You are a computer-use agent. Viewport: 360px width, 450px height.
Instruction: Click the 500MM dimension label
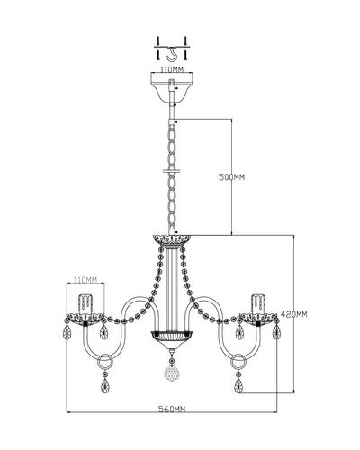pyautogui.click(x=231, y=177)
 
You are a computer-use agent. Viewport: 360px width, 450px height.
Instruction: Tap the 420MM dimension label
pyautogui.click(x=294, y=314)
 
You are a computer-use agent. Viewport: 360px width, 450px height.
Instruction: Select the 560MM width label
pyautogui.click(x=172, y=409)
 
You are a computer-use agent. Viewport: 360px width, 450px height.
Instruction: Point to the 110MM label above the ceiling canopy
pyautogui.click(x=172, y=69)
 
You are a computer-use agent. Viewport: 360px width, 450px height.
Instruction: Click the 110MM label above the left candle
pyautogui.click(x=85, y=280)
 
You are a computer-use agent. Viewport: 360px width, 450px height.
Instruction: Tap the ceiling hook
pyautogui.click(x=172, y=55)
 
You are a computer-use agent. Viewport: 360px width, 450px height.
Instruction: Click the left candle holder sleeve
pyautogui.click(x=85, y=303)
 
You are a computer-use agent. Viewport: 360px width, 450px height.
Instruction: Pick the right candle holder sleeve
pyautogui.click(x=258, y=303)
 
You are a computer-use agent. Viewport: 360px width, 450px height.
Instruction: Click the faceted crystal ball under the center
pyautogui.click(x=172, y=373)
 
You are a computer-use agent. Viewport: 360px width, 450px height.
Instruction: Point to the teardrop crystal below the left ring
pyautogui.click(x=105, y=386)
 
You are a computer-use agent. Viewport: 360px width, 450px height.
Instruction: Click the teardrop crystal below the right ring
pyautogui.click(x=238, y=386)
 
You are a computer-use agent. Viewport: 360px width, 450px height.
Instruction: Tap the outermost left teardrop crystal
pyautogui.click(x=67, y=332)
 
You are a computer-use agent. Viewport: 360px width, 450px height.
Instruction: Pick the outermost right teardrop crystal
pyautogui.click(x=276, y=332)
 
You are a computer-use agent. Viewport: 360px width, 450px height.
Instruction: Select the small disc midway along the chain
pyautogui.click(x=172, y=172)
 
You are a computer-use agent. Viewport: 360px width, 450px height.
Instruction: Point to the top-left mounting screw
pyautogui.click(x=158, y=40)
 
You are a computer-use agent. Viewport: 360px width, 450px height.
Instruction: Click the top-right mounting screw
pyautogui.click(x=185, y=40)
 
